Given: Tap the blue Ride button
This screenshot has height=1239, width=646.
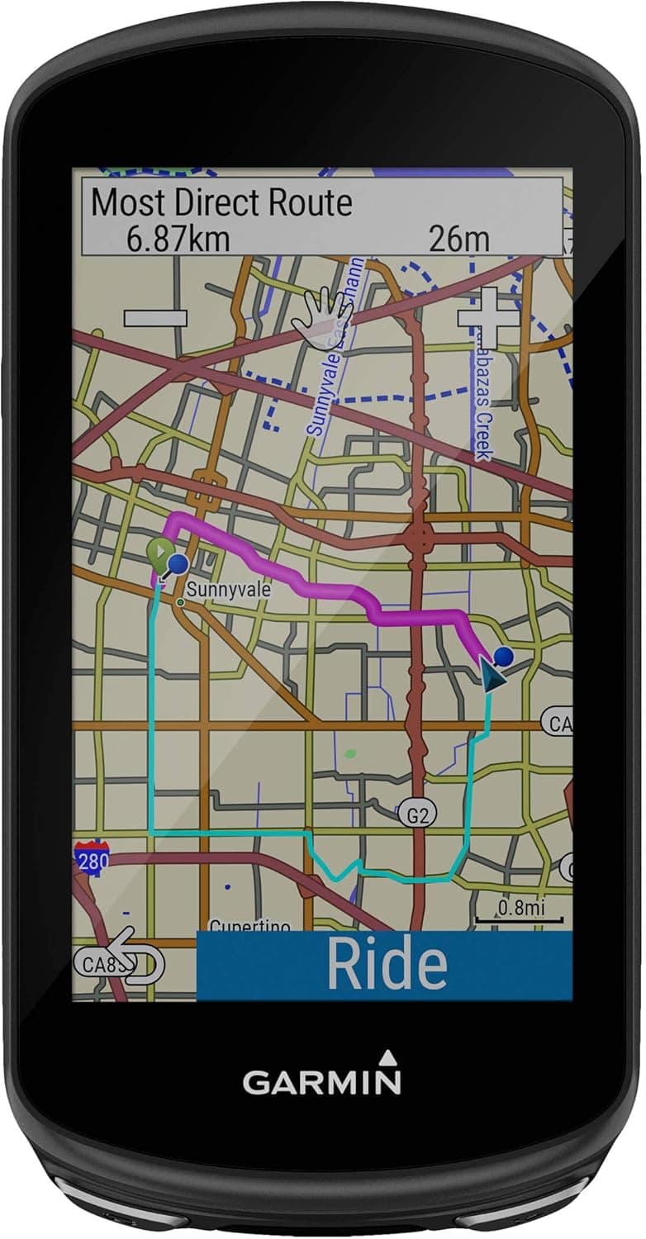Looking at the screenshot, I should coord(385,964).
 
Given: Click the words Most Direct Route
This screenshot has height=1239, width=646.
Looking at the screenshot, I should coord(221,202).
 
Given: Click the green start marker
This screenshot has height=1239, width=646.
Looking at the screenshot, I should coord(159,553).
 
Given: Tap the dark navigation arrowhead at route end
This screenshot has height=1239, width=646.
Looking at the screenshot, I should coord(490,678).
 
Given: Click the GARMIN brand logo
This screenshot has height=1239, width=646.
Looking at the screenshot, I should coord(322,1080).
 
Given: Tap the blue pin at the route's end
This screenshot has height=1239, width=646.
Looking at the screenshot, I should coord(504,657).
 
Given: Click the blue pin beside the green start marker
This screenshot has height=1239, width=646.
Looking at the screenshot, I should coord(178,564).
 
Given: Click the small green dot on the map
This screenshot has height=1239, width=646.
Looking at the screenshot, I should coord(351,753).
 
